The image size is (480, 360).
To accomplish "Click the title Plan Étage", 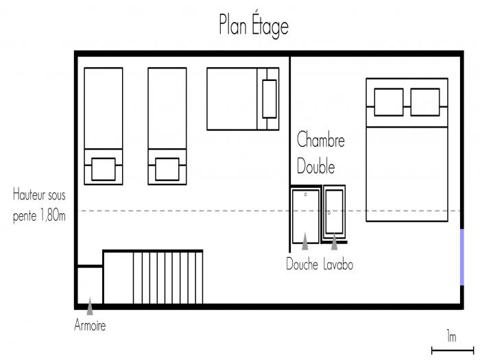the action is coord(254,26).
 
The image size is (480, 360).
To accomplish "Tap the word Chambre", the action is coord(320,139).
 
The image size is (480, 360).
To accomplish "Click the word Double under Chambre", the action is coord(315,166).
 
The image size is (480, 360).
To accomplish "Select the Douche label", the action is coord(302,264).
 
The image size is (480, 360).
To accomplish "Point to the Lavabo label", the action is coord(338,264).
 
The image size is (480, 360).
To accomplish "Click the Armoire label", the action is coord(90,325).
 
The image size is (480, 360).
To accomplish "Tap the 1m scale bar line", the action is coord(453,350).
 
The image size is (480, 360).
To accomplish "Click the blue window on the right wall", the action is coord(462,257).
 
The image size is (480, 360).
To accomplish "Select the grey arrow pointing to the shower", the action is coord(305,241).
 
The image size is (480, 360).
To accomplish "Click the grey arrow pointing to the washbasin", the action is coord(335,241).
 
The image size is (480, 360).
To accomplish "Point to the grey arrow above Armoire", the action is coord(90,306).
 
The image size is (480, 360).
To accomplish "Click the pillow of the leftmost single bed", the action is coord(104,169).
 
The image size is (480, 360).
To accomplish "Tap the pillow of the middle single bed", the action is coord(167,169).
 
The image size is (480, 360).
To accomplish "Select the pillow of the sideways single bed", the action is coord(269,99).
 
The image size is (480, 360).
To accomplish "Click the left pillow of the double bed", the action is coord(389,102).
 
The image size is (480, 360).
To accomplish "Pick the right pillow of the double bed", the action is coord(425,102).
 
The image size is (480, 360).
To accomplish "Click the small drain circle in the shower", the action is coord(306,194).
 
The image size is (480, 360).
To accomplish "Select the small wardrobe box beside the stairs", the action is coord(90,285).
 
